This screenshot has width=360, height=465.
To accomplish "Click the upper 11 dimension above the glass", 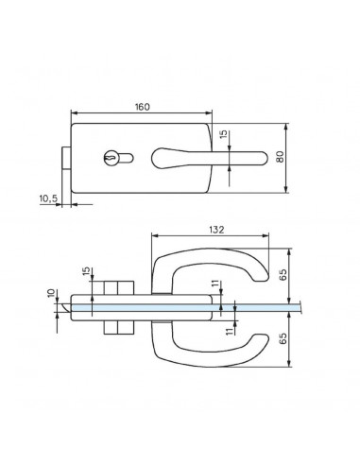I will [214, 284].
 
